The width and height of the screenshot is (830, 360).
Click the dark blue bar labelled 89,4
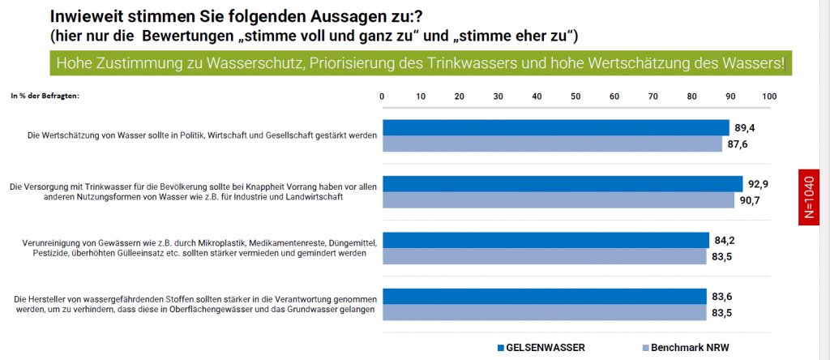(x=555, y=127)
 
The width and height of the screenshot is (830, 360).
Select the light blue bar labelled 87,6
(x=551, y=144)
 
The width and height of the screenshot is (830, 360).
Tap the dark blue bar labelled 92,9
(x=563, y=183)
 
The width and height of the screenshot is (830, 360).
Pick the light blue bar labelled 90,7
(x=558, y=200)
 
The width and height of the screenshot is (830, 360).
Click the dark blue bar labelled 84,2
(x=545, y=240)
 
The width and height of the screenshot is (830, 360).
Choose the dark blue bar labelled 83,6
(x=544, y=296)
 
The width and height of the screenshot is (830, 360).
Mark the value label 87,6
(x=737, y=145)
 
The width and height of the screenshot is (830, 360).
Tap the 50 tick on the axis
(x=575, y=96)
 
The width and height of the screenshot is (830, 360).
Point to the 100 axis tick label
(x=768, y=96)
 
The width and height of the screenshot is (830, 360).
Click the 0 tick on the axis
(x=383, y=96)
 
